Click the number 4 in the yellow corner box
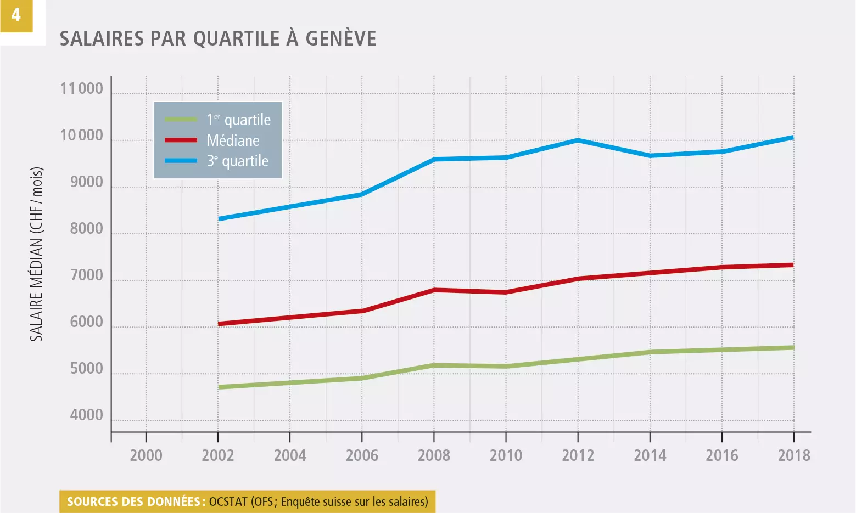(x=16, y=15)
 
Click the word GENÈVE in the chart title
(x=340, y=39)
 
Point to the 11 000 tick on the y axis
(x=82, y=89)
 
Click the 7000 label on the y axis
(x=86, y=276)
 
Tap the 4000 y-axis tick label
(x=86, y=416)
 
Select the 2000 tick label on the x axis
(x=146, y=455)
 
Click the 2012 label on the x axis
(x=578, y=455)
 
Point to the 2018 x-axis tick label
(x=794, y=455)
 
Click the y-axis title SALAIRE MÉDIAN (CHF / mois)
(x=36, y=254)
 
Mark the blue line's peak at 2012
(x=578, y=140)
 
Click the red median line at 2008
(x=434, y=290)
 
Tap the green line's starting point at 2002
(x=219, y=387)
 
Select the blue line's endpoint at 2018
(x=792, y=137)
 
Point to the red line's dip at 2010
(x=506, y=292)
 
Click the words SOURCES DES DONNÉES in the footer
(x=133, y=501)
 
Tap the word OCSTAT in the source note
(x=228, y=501)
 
